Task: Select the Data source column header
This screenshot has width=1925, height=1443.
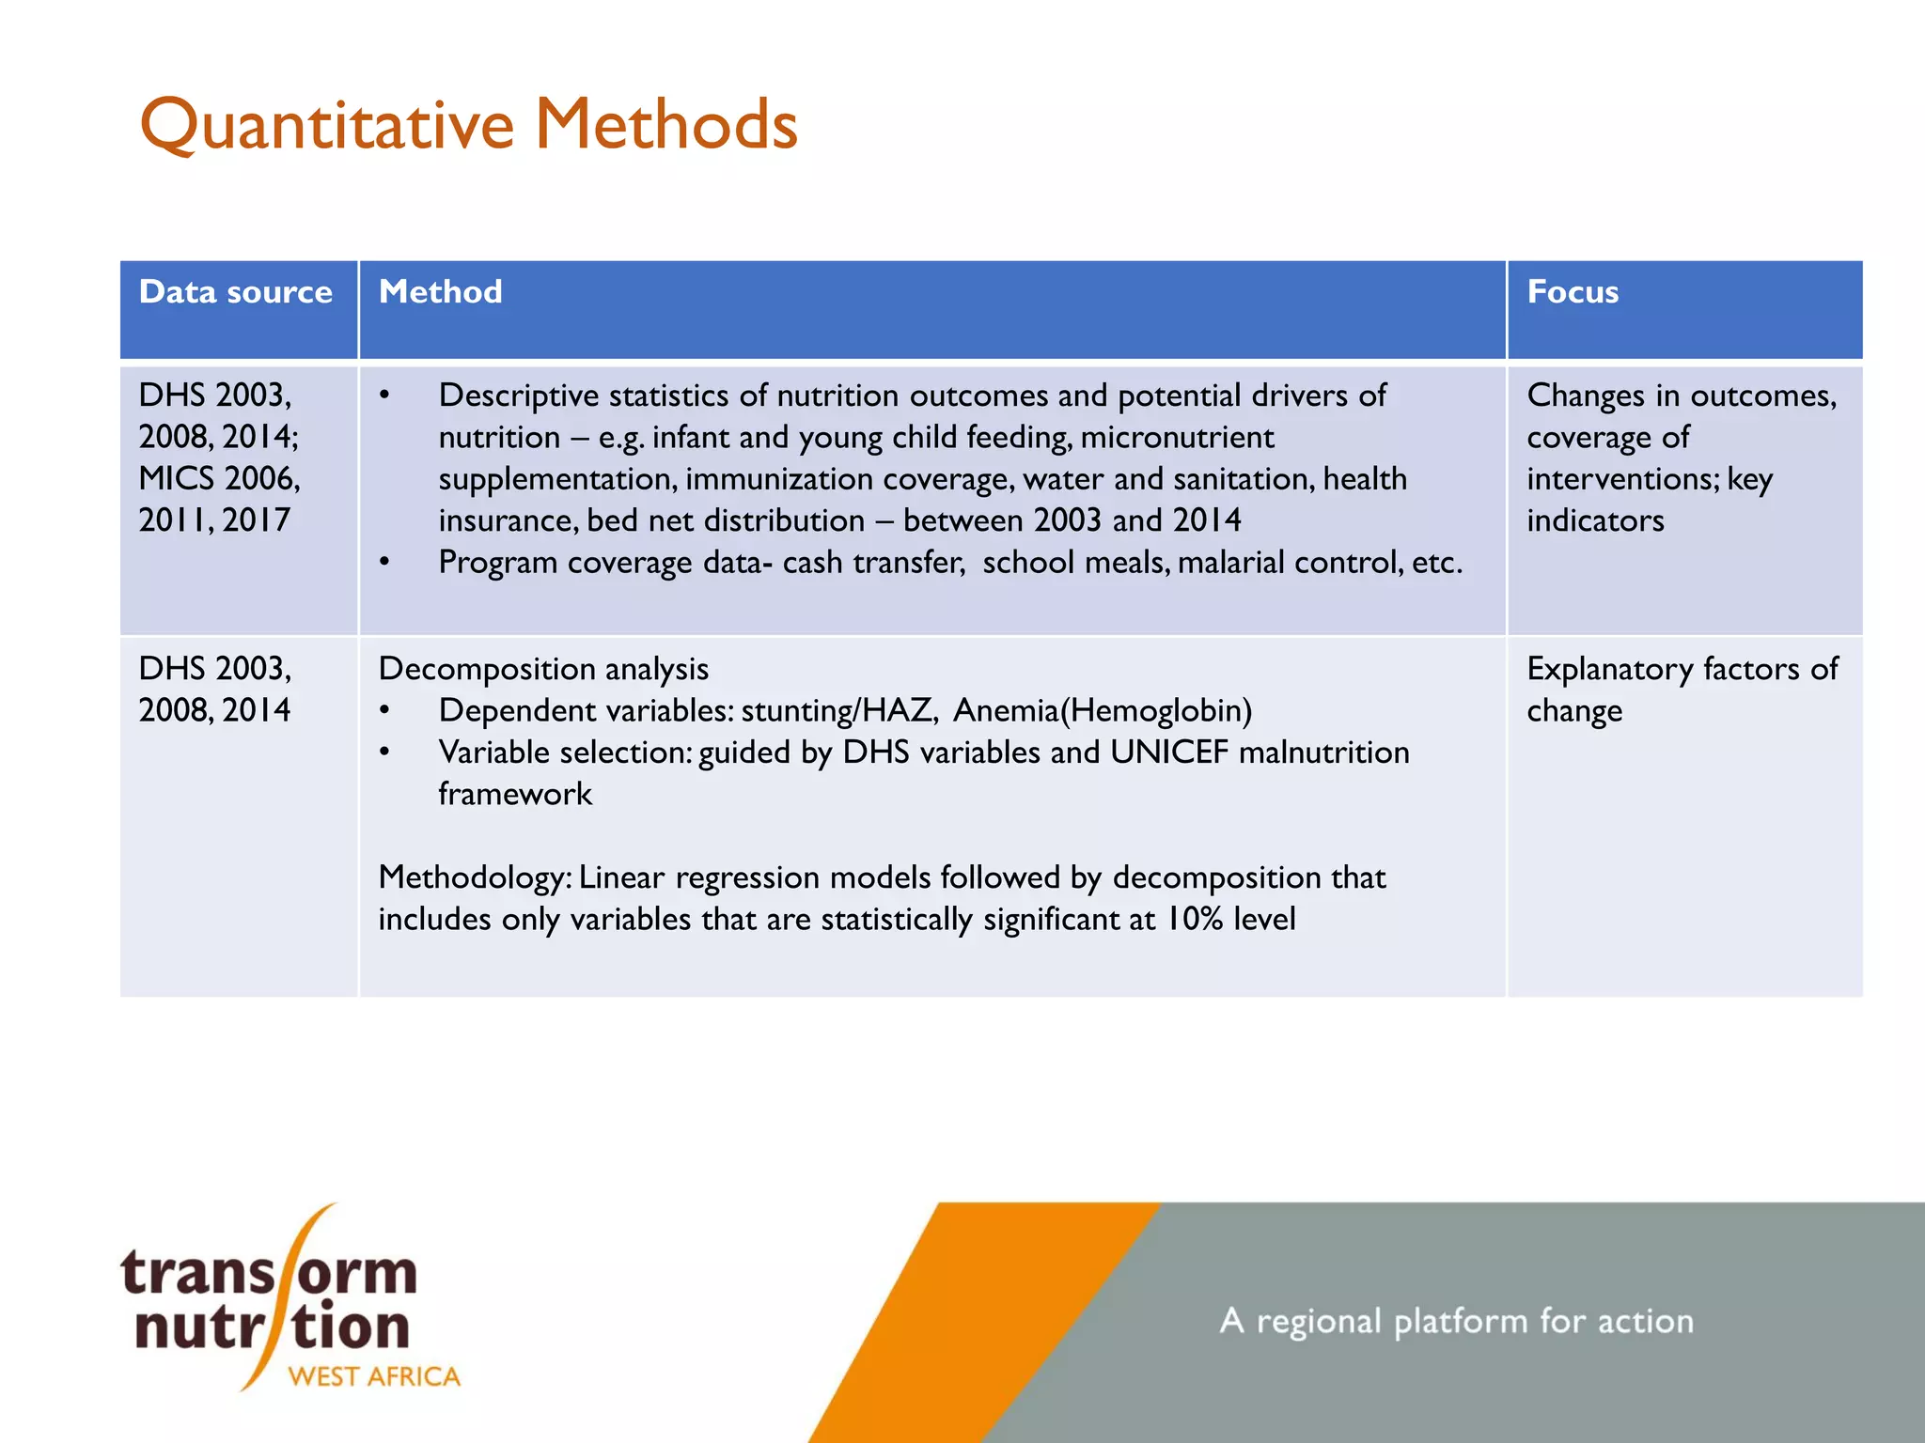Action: click(x=235, y=292)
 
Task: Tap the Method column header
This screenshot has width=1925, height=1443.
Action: click(x=440, y=292)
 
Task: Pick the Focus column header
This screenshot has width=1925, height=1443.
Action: click(x=1572, y=292)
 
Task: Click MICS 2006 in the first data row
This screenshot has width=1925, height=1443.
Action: click(x=218, y=478)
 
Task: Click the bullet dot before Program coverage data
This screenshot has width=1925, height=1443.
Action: click(x=384, y=563)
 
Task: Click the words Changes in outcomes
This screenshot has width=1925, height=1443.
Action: click(x=1681, y=396)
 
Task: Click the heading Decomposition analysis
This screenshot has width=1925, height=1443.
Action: click(x=543, y=669)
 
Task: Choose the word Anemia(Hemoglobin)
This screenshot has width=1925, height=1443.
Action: click(x=1102, y=711)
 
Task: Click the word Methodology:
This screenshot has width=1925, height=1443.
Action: click(x=475, y=877)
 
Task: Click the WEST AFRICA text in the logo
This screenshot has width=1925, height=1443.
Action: click(x=373, y=1377)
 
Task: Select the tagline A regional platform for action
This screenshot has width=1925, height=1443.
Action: click(x=1456, y=1322)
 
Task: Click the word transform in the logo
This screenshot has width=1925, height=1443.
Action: click(x=268, y=1274)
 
